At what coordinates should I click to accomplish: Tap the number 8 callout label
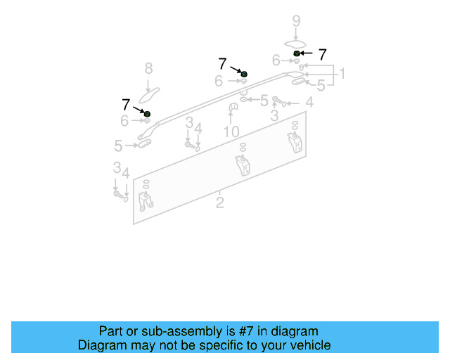tap(148, 68)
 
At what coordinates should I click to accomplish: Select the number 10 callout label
tap(231, 131)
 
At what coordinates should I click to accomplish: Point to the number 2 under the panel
tap(220, 203)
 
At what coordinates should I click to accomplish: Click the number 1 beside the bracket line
tap(342, 74)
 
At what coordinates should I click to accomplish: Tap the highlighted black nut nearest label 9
tap(297, 53)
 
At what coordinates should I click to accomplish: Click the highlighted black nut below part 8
tap(147, 113)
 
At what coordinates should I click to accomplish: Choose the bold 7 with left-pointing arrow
tap(322, 54)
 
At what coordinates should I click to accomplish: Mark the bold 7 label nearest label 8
tap(126, 105)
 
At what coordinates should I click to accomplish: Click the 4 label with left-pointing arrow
tap(309, 103)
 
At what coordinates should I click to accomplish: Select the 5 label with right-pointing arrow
tap(119, 146)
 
